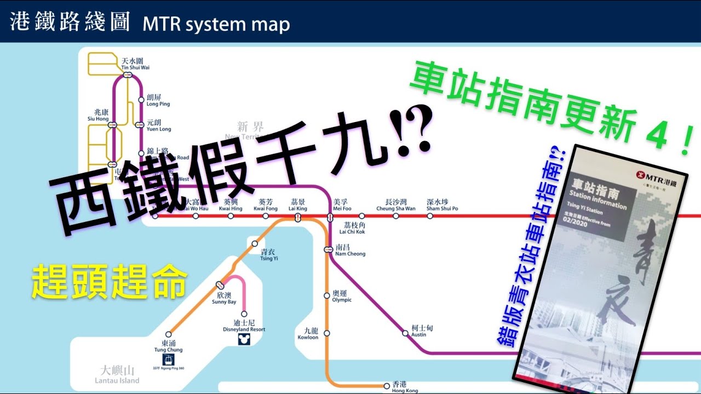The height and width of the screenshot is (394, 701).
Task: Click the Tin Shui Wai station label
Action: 135,63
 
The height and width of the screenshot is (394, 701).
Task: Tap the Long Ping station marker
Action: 141,100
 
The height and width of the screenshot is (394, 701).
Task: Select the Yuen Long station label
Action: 159,126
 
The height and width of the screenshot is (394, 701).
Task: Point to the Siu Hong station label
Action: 98,115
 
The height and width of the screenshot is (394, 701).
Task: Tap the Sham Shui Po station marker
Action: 430,216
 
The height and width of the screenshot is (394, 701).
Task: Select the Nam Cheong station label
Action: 350,251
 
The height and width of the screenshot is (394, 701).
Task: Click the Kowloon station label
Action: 308,334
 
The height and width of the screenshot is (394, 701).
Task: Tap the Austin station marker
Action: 405,333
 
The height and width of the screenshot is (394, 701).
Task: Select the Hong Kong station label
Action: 405,387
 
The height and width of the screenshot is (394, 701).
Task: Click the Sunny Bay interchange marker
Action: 220,285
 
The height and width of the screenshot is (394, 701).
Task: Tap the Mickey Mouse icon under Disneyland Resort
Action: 243,340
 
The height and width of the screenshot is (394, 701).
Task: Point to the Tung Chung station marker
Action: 169,334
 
